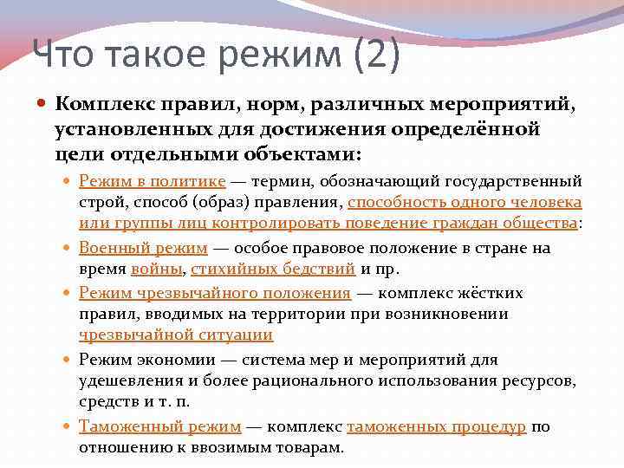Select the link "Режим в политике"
(152, 181)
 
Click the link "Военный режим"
(143, 248)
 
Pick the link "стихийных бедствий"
(274, 269)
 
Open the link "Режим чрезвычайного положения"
(214, 293)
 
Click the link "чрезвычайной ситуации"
(176, 335)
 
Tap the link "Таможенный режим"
(159, 426)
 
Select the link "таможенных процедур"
(436, 426)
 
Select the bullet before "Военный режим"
(68, 248)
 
